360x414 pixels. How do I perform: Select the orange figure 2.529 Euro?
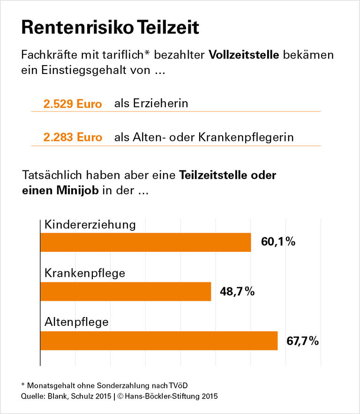click(x=73, y=104)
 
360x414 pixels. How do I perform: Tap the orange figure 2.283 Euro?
click(x=73, y=138)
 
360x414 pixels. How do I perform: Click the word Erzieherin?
click(x=151, y=103)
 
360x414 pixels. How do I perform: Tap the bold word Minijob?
click(x=77, y=191)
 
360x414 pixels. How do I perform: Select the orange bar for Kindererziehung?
click(x=146, y=242)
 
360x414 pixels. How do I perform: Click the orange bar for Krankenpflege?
click(x=126, y=291)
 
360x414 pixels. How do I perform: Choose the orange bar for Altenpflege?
click(x=159, y=340)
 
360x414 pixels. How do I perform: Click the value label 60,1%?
click(x=278, y=242)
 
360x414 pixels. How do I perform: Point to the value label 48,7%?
click(x=237, y=291)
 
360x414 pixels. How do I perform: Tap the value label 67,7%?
click(x=303, y=341)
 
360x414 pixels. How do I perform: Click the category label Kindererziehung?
click(x=90, y=225)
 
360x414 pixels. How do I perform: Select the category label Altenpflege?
click(x=76, y=322)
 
